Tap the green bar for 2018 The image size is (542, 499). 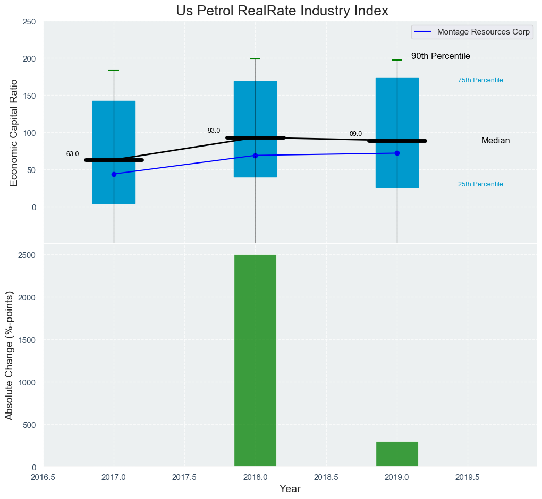[255, 361]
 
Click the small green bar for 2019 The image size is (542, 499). [397, 454]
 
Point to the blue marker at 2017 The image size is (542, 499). [114, 174]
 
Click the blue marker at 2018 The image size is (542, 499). [255, 156]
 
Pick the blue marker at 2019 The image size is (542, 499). [397, 153]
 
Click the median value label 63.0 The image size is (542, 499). [72, 154]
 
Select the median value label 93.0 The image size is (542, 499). [214, 131]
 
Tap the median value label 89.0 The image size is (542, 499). [355, 134]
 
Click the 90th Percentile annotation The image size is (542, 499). [441, 56]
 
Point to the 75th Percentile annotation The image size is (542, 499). [480, 80]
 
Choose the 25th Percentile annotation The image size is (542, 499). [480, 184]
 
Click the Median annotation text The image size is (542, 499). [495, 141]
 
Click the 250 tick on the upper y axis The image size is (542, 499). [30, 21]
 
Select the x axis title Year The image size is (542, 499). [290, 489]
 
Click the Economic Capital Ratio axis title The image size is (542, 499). [14, 132]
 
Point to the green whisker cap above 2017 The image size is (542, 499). [114, 70]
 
